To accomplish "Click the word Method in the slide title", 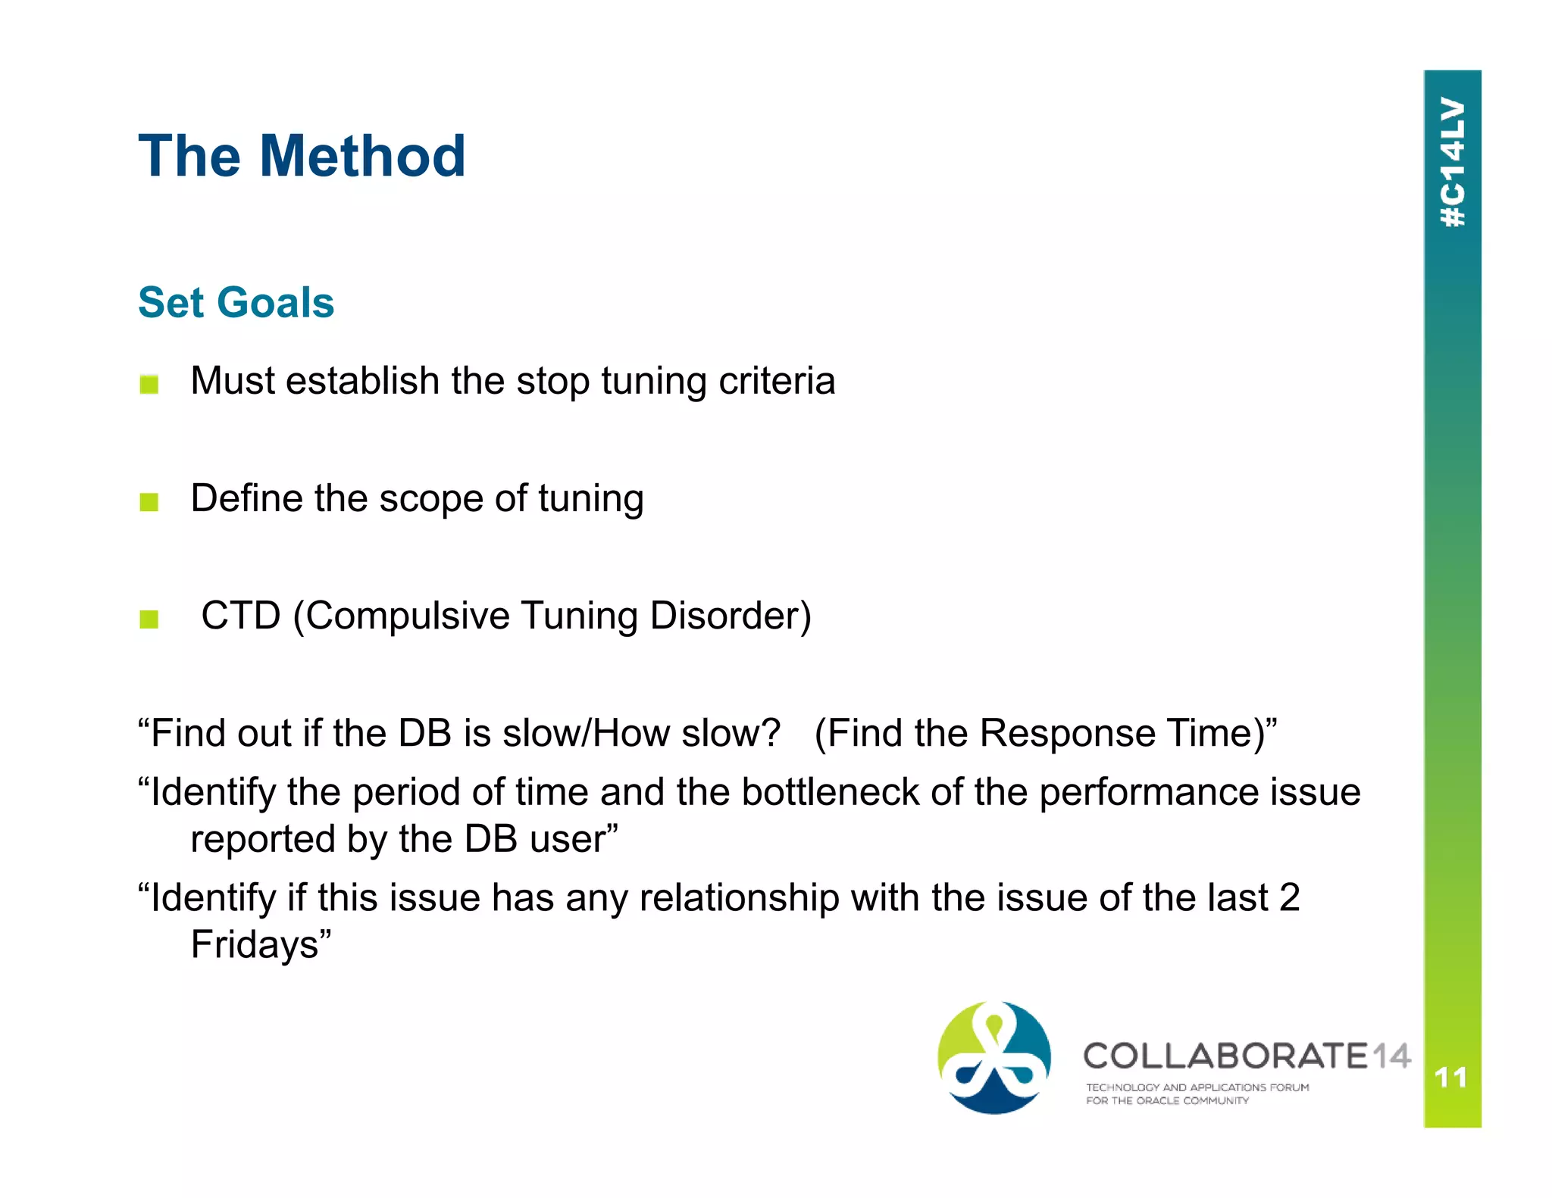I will pos(362,156).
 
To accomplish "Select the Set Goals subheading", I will pos(236,302).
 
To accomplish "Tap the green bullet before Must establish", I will pos(149,384).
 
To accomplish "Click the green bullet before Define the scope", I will pos(149,501).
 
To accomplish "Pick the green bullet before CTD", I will pos(149,619).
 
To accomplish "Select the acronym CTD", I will pos(241,615).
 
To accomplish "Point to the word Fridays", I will pos(255,944).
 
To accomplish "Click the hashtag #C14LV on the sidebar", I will pos(1452,162).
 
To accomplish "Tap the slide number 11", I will pos(1451,1077).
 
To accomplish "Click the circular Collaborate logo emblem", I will pos(993,1057).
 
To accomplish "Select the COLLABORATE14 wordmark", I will pos(1246,1056).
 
